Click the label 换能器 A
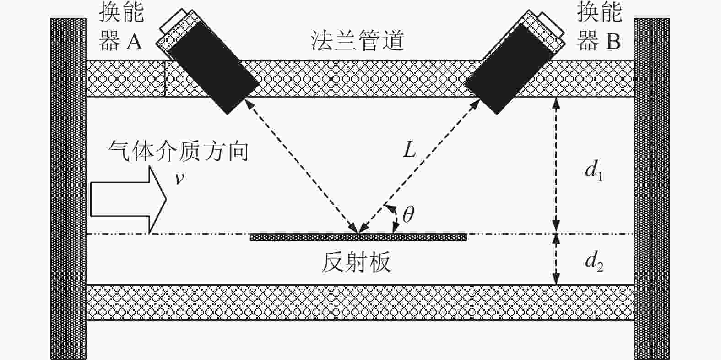coord(121,27)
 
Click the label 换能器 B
coord(599,27)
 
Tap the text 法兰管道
coord(358,40)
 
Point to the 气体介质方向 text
coord(178,150)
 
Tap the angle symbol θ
coord(408,214)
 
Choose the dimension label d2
coord(594,262)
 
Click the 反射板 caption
coord(357,262)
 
